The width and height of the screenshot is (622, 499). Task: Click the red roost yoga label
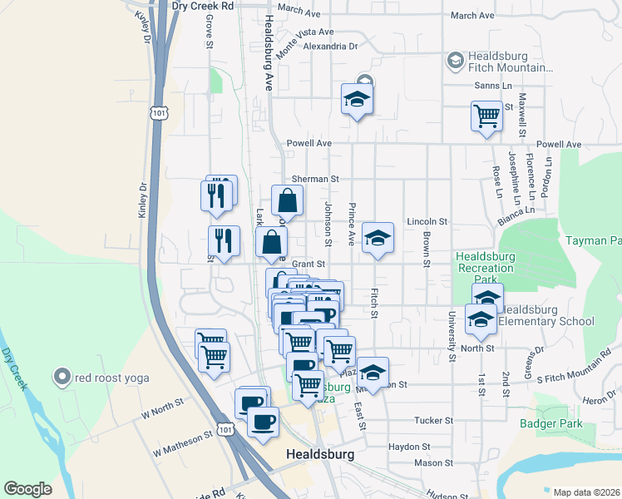pos(111,378)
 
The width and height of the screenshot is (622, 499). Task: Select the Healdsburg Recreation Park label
pos(485,261)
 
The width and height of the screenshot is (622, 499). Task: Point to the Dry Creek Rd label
pos(202,5)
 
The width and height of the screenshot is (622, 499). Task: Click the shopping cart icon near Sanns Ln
pos(486,116)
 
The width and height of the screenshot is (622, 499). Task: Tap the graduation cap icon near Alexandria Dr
pos(358,100)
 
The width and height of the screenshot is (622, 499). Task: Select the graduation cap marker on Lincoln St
pos(378,239)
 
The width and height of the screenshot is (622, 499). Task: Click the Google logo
pos(27,489)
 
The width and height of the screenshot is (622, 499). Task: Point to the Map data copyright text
pos(586,492)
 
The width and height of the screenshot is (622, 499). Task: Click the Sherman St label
pos(316,179)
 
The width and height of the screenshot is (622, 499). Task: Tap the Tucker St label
pos(432,421)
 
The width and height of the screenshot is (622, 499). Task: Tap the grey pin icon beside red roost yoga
pos(61,378)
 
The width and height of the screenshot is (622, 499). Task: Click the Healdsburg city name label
pos(319,455)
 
